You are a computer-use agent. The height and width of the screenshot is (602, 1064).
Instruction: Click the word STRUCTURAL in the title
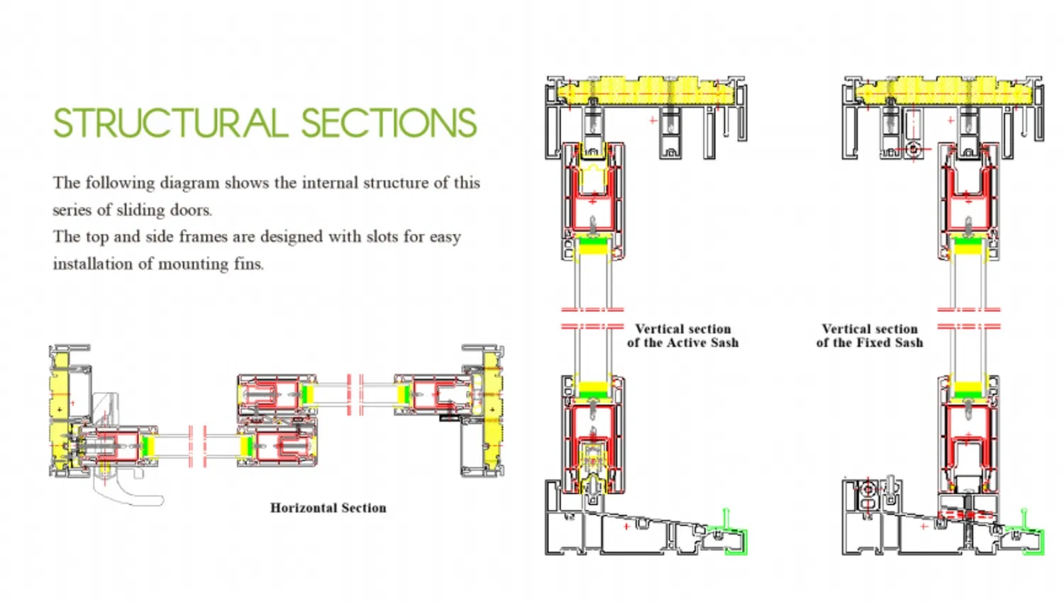[170, 123]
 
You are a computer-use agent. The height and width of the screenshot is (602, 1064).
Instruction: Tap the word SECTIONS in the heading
[389, 123]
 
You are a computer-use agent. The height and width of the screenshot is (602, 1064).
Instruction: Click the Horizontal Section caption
[328, 508]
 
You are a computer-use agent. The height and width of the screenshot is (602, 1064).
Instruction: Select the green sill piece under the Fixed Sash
[1033, 542]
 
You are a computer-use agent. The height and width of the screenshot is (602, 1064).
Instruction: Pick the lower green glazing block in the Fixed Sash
[968, 389]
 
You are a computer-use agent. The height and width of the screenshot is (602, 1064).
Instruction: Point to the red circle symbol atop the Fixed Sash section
[914, 150]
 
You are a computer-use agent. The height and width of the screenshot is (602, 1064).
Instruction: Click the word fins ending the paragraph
[248, 264]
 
